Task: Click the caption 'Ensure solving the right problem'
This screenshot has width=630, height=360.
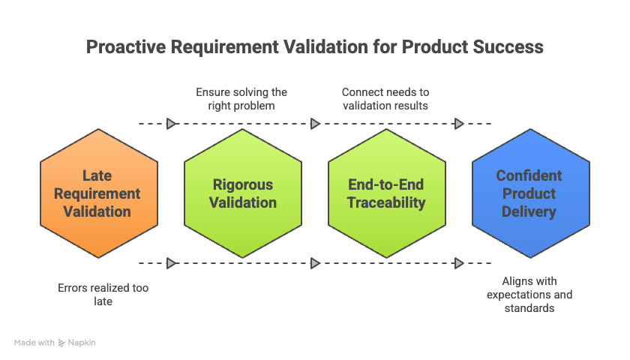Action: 241,99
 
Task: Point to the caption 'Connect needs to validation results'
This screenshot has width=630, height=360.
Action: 385,99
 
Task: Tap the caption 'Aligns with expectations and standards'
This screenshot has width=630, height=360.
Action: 529,294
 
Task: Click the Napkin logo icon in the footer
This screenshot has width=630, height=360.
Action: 62,343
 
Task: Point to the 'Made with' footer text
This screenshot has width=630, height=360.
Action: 34,343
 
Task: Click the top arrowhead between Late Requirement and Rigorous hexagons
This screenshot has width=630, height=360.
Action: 172,123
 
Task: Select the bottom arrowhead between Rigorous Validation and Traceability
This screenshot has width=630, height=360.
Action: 315,263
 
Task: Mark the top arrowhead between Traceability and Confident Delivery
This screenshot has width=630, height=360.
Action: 459,123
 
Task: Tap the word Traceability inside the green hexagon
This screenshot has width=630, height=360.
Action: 387,202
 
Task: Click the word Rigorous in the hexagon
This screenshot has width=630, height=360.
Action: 243,184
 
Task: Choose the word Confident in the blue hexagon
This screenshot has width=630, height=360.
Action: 529,175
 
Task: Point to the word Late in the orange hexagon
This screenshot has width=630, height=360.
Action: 97,175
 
